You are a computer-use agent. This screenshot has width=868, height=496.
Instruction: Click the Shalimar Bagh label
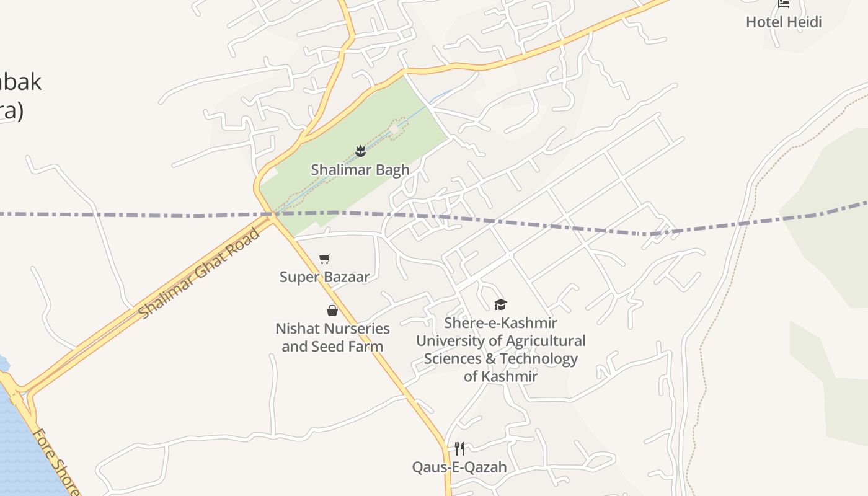coord(360,170)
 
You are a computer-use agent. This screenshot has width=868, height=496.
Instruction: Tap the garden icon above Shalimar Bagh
coord(360,151)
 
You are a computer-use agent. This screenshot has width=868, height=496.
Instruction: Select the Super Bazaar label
coord(324,277)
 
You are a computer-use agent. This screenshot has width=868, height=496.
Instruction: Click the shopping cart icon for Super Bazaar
coord(325,259)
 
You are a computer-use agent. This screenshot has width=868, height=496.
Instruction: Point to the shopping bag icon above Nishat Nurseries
coord(332,311)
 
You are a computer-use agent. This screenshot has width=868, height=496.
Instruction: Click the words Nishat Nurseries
coord(332,329)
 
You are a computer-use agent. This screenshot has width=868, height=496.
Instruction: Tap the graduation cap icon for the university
coord(500,304)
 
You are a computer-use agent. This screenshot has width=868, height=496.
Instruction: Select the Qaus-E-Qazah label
coord(459,467)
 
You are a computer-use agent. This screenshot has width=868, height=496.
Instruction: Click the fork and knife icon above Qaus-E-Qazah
coord(459,448)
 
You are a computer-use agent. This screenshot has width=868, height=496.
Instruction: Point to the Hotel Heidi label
coord(784,22)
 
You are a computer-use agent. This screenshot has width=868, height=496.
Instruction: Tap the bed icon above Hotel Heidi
coord(784,4)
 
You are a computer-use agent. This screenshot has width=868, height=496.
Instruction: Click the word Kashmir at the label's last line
coord(510,376)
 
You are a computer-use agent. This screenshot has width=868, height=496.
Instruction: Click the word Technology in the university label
coord(539,359)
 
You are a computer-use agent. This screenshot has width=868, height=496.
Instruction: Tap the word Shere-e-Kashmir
coord(500,323)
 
